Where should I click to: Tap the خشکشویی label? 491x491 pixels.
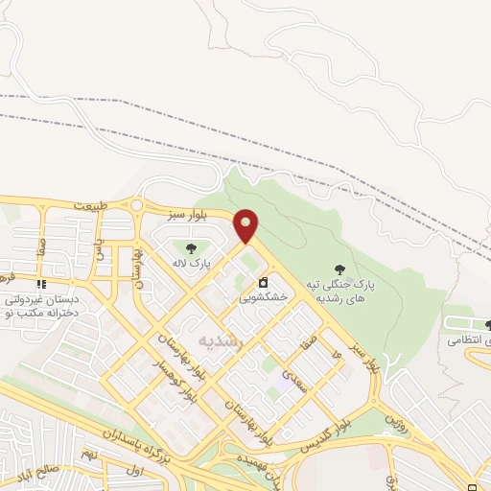[264, 298]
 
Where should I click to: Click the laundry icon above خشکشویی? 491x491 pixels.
[263, 283]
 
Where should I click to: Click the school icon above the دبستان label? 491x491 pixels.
[40, 285]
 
